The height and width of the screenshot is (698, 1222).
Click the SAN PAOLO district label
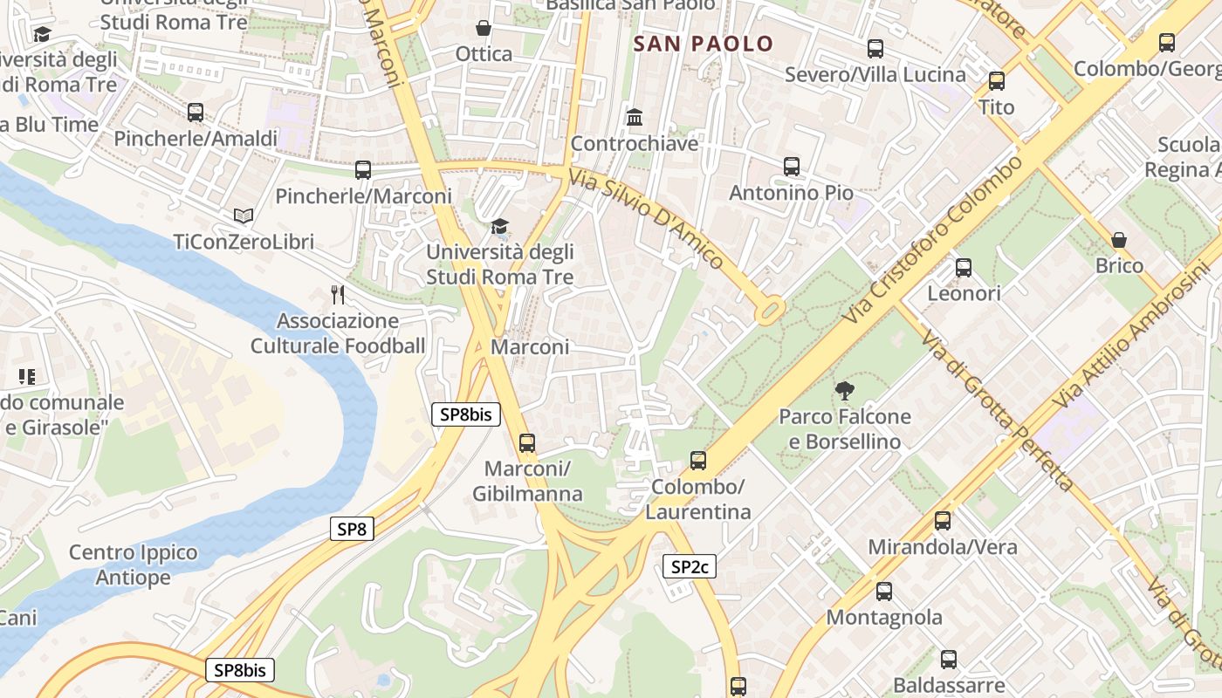pyautogui.click(x=704, y=44)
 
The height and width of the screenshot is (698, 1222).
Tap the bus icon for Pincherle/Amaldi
pyautogui.click(x=196, y=113)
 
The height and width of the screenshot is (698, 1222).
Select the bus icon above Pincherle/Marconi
pyautogui.click(x=363, y=170)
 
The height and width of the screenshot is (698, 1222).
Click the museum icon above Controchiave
pyautogui.click(x=635, y=117)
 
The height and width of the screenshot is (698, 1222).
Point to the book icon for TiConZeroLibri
pyautogui.click(x=243, y=216)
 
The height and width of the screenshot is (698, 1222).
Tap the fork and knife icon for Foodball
pyautogui.click(x=338, y=295)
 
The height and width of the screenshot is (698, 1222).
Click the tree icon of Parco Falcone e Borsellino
pyautogui.click(x=844, y=390)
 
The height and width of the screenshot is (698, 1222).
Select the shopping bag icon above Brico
pyautogui.click(x=1119, y=240)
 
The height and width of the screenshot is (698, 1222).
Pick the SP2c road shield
pyautogui.click(x=690, y=567)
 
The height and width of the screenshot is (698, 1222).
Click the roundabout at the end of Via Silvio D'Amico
pyautogui.click(x=771, y=310)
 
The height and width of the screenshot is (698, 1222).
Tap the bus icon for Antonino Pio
pyautogui.click(x=792, y=167)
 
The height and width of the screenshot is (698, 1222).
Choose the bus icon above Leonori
pyautogui.click(x=964, y=268)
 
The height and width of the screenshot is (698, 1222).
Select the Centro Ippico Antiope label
pyautogui.click(x=134, y=565)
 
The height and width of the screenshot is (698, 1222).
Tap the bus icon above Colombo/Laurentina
pyautogui.click(x=698, y=460)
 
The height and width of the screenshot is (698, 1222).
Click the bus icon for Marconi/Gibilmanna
pyautogui.click(x=527, y=442)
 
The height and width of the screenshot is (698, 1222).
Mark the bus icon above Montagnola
pyautogui.click(x=884, y=592)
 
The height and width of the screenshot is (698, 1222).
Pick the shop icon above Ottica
pyautogui.click(x=484, y=29)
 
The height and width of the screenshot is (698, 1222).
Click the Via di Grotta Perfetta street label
pyautogui.click(x=995, y=411)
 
